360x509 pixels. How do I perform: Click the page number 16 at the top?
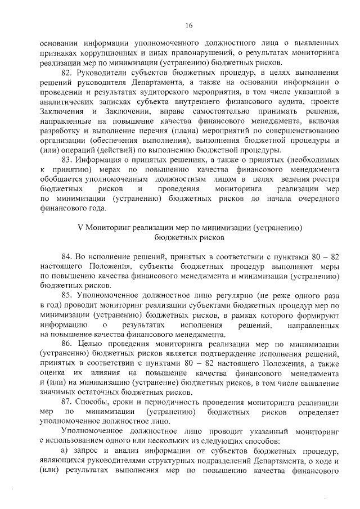(188, 25)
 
